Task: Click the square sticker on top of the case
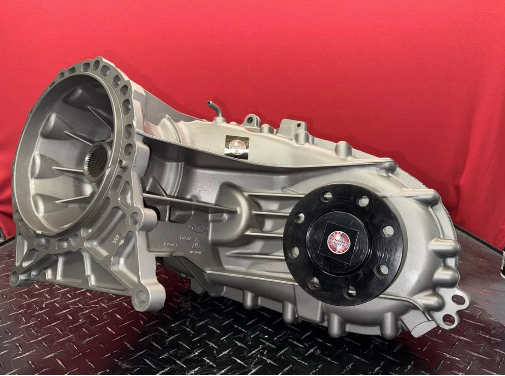click(x=237, y=147)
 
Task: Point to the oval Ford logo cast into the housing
click(x=198, y=228)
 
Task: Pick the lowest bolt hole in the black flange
click(x=350, y=292)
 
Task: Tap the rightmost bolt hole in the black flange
click(x=388, y=232)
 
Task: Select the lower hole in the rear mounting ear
click(x=448, y=319)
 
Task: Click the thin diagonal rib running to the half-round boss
click(x=188, y=202)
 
